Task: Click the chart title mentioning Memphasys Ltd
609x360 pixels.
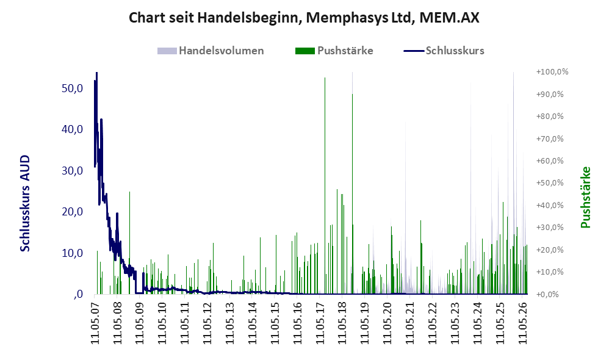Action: coord(304,18)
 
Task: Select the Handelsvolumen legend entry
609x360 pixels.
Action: coord(211,51)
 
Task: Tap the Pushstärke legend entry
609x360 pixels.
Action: coord(334,51)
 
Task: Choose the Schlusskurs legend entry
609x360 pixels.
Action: coord(444,51)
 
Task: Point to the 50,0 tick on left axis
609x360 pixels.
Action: coord(72,88)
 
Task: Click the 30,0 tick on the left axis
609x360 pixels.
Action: coord(72,170)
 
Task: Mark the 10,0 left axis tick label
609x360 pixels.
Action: coord(72,253)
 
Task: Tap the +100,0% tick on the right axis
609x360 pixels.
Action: coord(552,72)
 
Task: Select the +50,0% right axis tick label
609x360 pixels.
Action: coord(550,183)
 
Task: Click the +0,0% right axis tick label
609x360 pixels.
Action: coord(547,294)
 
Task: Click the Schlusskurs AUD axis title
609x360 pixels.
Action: coord(25,203)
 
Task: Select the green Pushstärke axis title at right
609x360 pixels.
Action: coord(585,197)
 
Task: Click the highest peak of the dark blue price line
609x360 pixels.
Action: coord(96,73)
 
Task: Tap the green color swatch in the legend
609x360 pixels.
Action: coord(305,51)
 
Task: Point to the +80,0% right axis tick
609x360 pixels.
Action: coord(550,116)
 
